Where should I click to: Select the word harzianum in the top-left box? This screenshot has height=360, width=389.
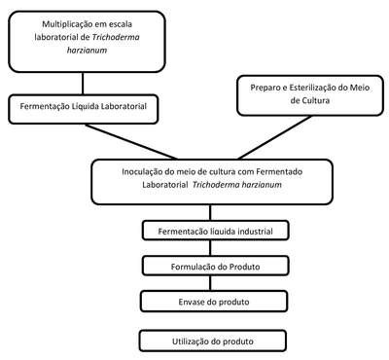pyautogui.click(x=87, y=51)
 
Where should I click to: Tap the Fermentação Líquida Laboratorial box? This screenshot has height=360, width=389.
pyautogui.click(x=84, y=109)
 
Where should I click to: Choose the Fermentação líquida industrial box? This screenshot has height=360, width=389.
pyautogui.click(x=215, y=231)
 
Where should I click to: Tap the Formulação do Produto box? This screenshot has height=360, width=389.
pyautogui.click(x=215, y=266)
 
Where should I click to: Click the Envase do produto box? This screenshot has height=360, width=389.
pyautogui.click(x=214, y=302)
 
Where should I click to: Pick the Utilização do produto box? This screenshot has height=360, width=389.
pyautogui.click(x=213, y=341)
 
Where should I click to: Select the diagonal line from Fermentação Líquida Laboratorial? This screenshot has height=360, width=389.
pyautogui.click(x=131, y=142)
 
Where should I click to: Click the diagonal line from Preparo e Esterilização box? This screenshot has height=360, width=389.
pyautogui.click(x=274, y=137)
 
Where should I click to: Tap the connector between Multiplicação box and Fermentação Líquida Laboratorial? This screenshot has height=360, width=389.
pyautogui.click(x=83, y=84)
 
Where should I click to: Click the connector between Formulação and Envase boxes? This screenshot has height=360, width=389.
pyautogui.click(x=210, y=283)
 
